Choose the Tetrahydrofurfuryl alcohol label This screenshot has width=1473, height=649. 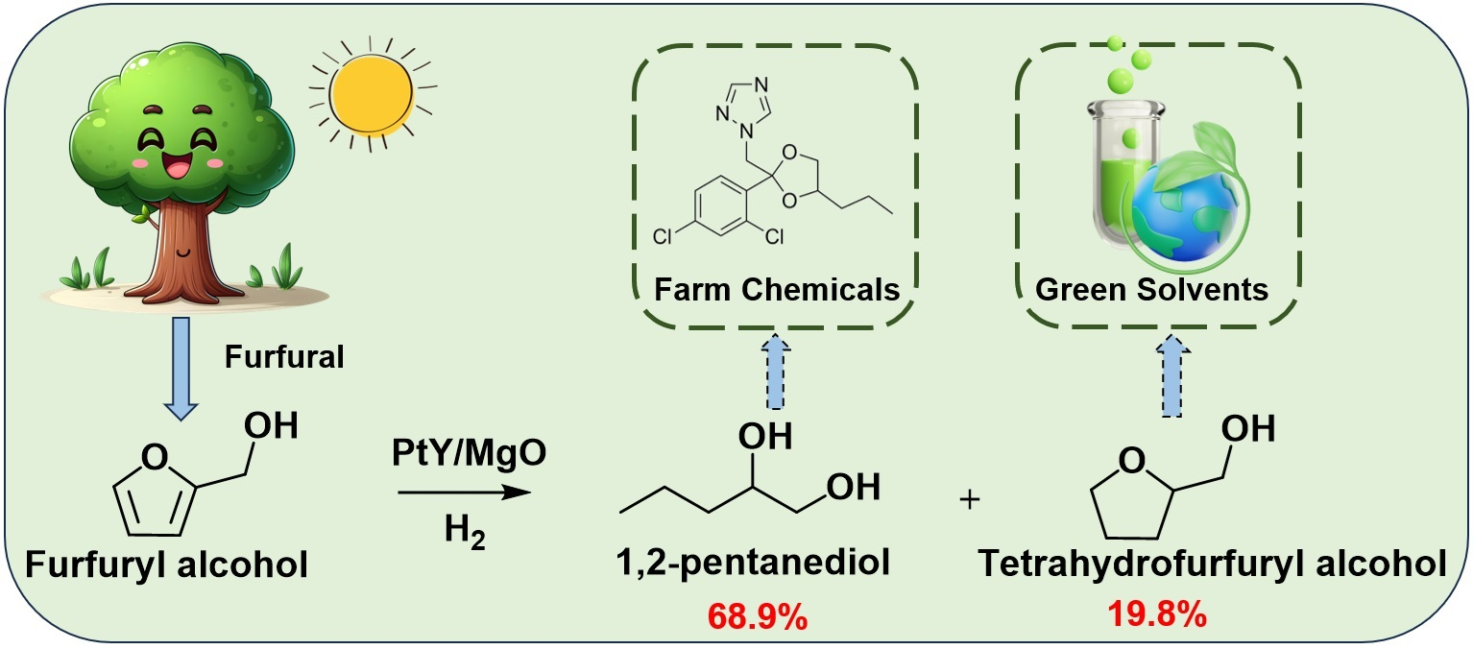pos(1212,563)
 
